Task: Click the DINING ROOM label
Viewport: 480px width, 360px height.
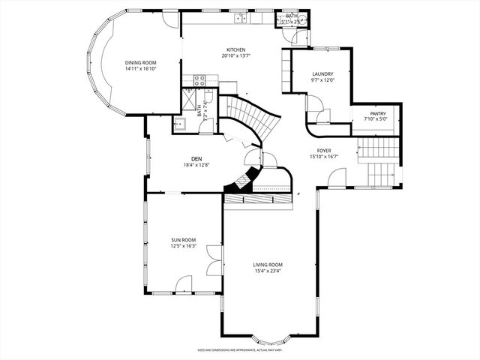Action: [140, 62]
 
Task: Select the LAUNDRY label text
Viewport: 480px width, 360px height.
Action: [322, 73]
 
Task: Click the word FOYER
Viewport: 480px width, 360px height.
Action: [323, 150]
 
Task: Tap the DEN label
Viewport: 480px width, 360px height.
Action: [196, 158]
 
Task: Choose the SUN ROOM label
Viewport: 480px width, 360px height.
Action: [183, 239]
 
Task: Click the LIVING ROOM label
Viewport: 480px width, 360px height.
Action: [267, 264]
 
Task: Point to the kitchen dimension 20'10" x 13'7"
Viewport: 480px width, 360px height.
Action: [236, 56]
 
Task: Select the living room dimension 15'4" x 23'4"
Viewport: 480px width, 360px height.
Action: [267, 271]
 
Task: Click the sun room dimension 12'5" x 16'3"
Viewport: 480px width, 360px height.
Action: [183, 246]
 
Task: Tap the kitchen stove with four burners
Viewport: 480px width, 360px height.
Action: [200, 78]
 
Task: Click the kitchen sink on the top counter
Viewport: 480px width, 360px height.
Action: [241, 17]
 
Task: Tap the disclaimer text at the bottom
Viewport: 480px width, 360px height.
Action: [239, 349]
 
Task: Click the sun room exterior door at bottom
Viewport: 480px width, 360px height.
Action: [183, 283]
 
